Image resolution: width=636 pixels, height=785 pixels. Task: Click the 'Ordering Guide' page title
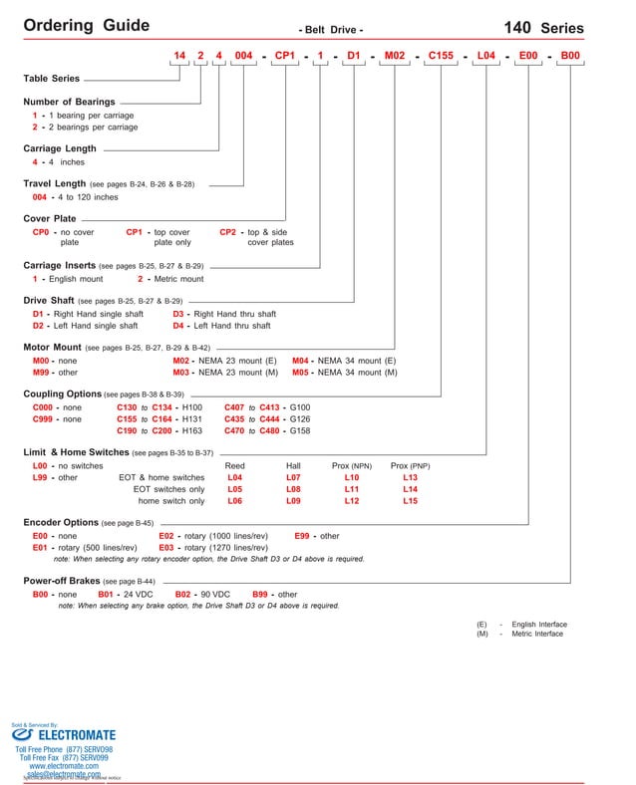[x=86, y=26]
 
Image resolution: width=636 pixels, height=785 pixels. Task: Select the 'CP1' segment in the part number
[x=285, y=56]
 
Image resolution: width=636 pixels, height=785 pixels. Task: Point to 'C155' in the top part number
[x=441, y=56]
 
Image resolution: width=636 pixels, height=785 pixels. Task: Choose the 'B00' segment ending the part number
[x=570, y=56]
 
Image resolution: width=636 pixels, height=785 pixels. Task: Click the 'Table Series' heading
[x=51, y=78]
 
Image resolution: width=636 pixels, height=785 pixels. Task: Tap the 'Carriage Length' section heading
[x=60, y=148]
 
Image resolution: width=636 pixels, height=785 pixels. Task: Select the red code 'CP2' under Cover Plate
[x=228, y=232]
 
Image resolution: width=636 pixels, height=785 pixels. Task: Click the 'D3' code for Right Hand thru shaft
[x=179, y=314]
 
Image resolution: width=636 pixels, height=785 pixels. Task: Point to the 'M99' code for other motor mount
[x=42, y=372]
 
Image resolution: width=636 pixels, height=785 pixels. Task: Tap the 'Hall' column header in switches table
[x=293, y=465]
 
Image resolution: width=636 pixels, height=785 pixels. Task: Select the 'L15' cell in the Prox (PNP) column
[x=410, y=501]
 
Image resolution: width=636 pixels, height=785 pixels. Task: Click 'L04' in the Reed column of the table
[x=234, y=477]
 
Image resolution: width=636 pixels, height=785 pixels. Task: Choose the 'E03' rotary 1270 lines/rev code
[x=166, y=548]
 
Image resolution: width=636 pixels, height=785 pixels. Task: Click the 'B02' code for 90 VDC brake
[x=183, y=594]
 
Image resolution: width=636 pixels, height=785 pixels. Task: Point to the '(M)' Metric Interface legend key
[x=482, y=634]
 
